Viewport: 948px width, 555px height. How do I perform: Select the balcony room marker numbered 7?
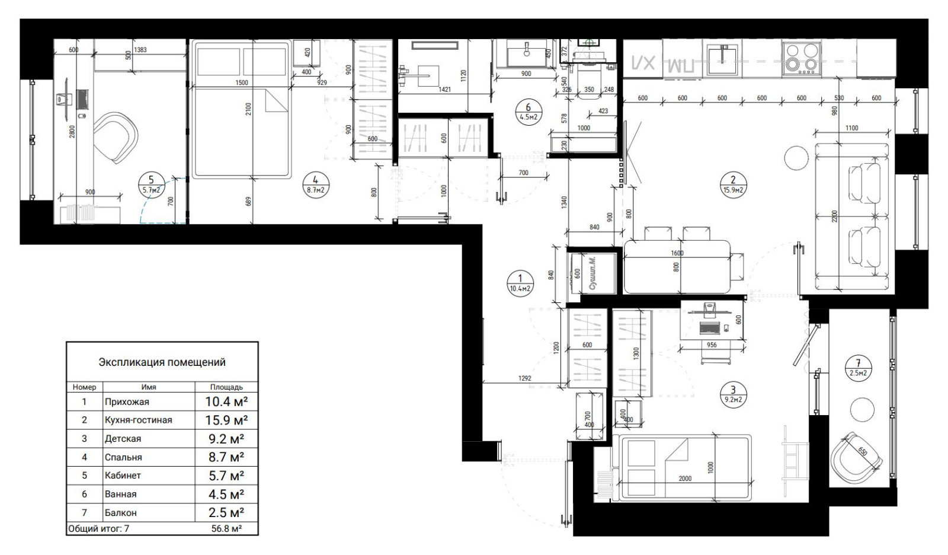[859, 368]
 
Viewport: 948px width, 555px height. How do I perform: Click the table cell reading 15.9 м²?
[226, 420]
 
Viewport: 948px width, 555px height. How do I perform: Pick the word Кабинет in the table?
[123, 476]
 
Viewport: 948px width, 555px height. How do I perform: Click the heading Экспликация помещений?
[162, 362]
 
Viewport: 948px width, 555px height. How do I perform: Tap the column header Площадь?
[226, 387]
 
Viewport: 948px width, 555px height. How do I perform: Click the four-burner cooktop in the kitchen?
[800, 58]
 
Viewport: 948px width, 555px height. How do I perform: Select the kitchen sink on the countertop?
[722, 59]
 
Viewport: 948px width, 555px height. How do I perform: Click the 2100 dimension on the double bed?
[249, 109]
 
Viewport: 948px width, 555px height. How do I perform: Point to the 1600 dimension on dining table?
[677, 253]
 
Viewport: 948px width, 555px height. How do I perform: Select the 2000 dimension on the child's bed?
[684, 479]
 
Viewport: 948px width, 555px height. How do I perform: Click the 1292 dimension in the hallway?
[524, 378]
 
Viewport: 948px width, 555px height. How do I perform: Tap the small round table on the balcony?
[862, 410]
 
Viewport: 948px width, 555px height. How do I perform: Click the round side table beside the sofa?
[796, 158]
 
